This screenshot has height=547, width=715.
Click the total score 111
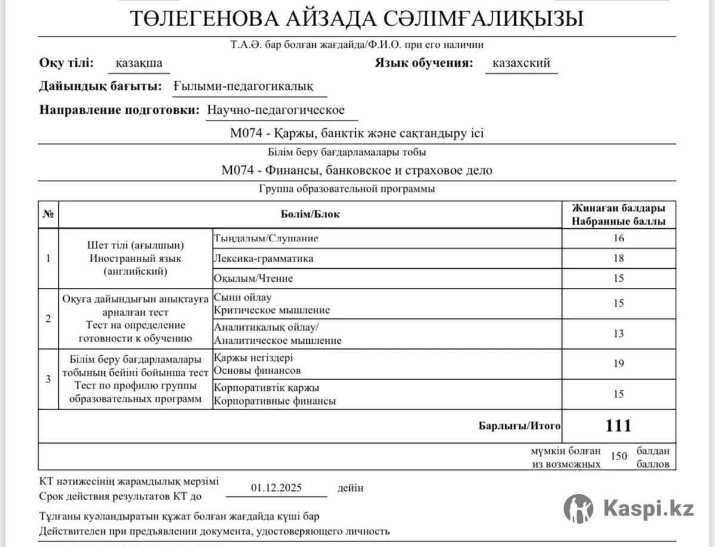[618, 425]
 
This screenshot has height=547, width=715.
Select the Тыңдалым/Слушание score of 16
[618, 238]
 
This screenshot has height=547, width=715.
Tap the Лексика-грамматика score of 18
[618, 259]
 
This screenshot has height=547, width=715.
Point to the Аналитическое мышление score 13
[618, 334]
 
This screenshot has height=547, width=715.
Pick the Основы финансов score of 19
[618, 363]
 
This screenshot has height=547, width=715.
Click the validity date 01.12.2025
[276, 487]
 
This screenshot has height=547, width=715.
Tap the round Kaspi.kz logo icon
[579, 509]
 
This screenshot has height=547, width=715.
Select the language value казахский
[521, 63]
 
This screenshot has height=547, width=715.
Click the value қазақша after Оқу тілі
[139, 63]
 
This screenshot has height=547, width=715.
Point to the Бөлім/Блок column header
[310, 215]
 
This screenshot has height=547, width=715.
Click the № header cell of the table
[48, 215]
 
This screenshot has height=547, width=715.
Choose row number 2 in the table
[48, 318]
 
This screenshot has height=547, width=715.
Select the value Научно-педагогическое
[276, 110]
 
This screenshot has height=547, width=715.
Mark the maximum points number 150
[619, 456]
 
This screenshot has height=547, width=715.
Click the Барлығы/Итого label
[520, 426]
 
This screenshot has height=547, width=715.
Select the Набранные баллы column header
[618, 221]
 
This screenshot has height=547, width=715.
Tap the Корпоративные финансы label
[275, 401]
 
